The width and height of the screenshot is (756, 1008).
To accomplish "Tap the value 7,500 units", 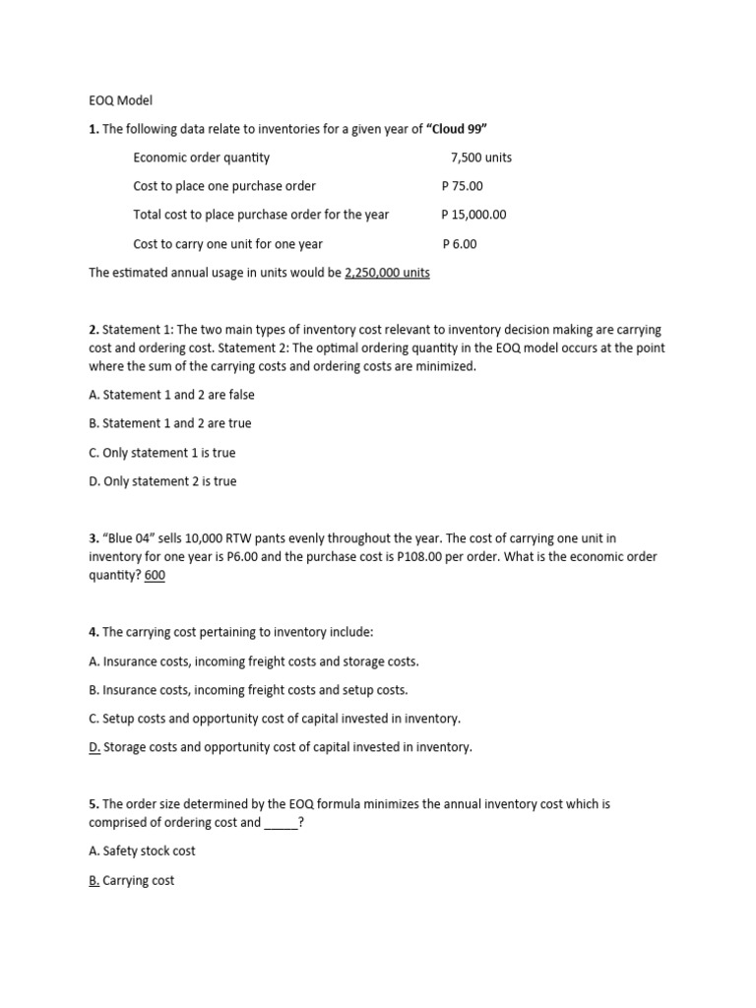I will (x=480, y=157).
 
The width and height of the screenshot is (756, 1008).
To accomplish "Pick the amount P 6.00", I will (x=460, y=244).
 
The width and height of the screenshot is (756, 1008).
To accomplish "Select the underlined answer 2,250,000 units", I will (x=387, y=273).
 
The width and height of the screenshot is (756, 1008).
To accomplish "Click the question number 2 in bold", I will (x=93, y=330).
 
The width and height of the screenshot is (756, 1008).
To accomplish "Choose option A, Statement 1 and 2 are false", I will (x=171, y=395).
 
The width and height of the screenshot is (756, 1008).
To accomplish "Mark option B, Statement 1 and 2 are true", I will (x=169, y=423).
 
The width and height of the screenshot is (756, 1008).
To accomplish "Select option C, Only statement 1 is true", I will (x=161, y=453).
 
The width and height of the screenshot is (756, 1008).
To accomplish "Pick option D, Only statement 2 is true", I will (x=162, y=481).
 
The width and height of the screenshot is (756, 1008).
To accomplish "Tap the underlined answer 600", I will (x=155, y=576).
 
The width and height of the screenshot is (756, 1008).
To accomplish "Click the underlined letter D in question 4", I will (x=94, y=747).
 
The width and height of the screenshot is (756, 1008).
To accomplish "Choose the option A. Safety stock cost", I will (x=142, y=850).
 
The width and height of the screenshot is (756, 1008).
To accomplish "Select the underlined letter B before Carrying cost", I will (x=94, y=880).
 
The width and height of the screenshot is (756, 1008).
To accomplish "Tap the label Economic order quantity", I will (x=201, y=157).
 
